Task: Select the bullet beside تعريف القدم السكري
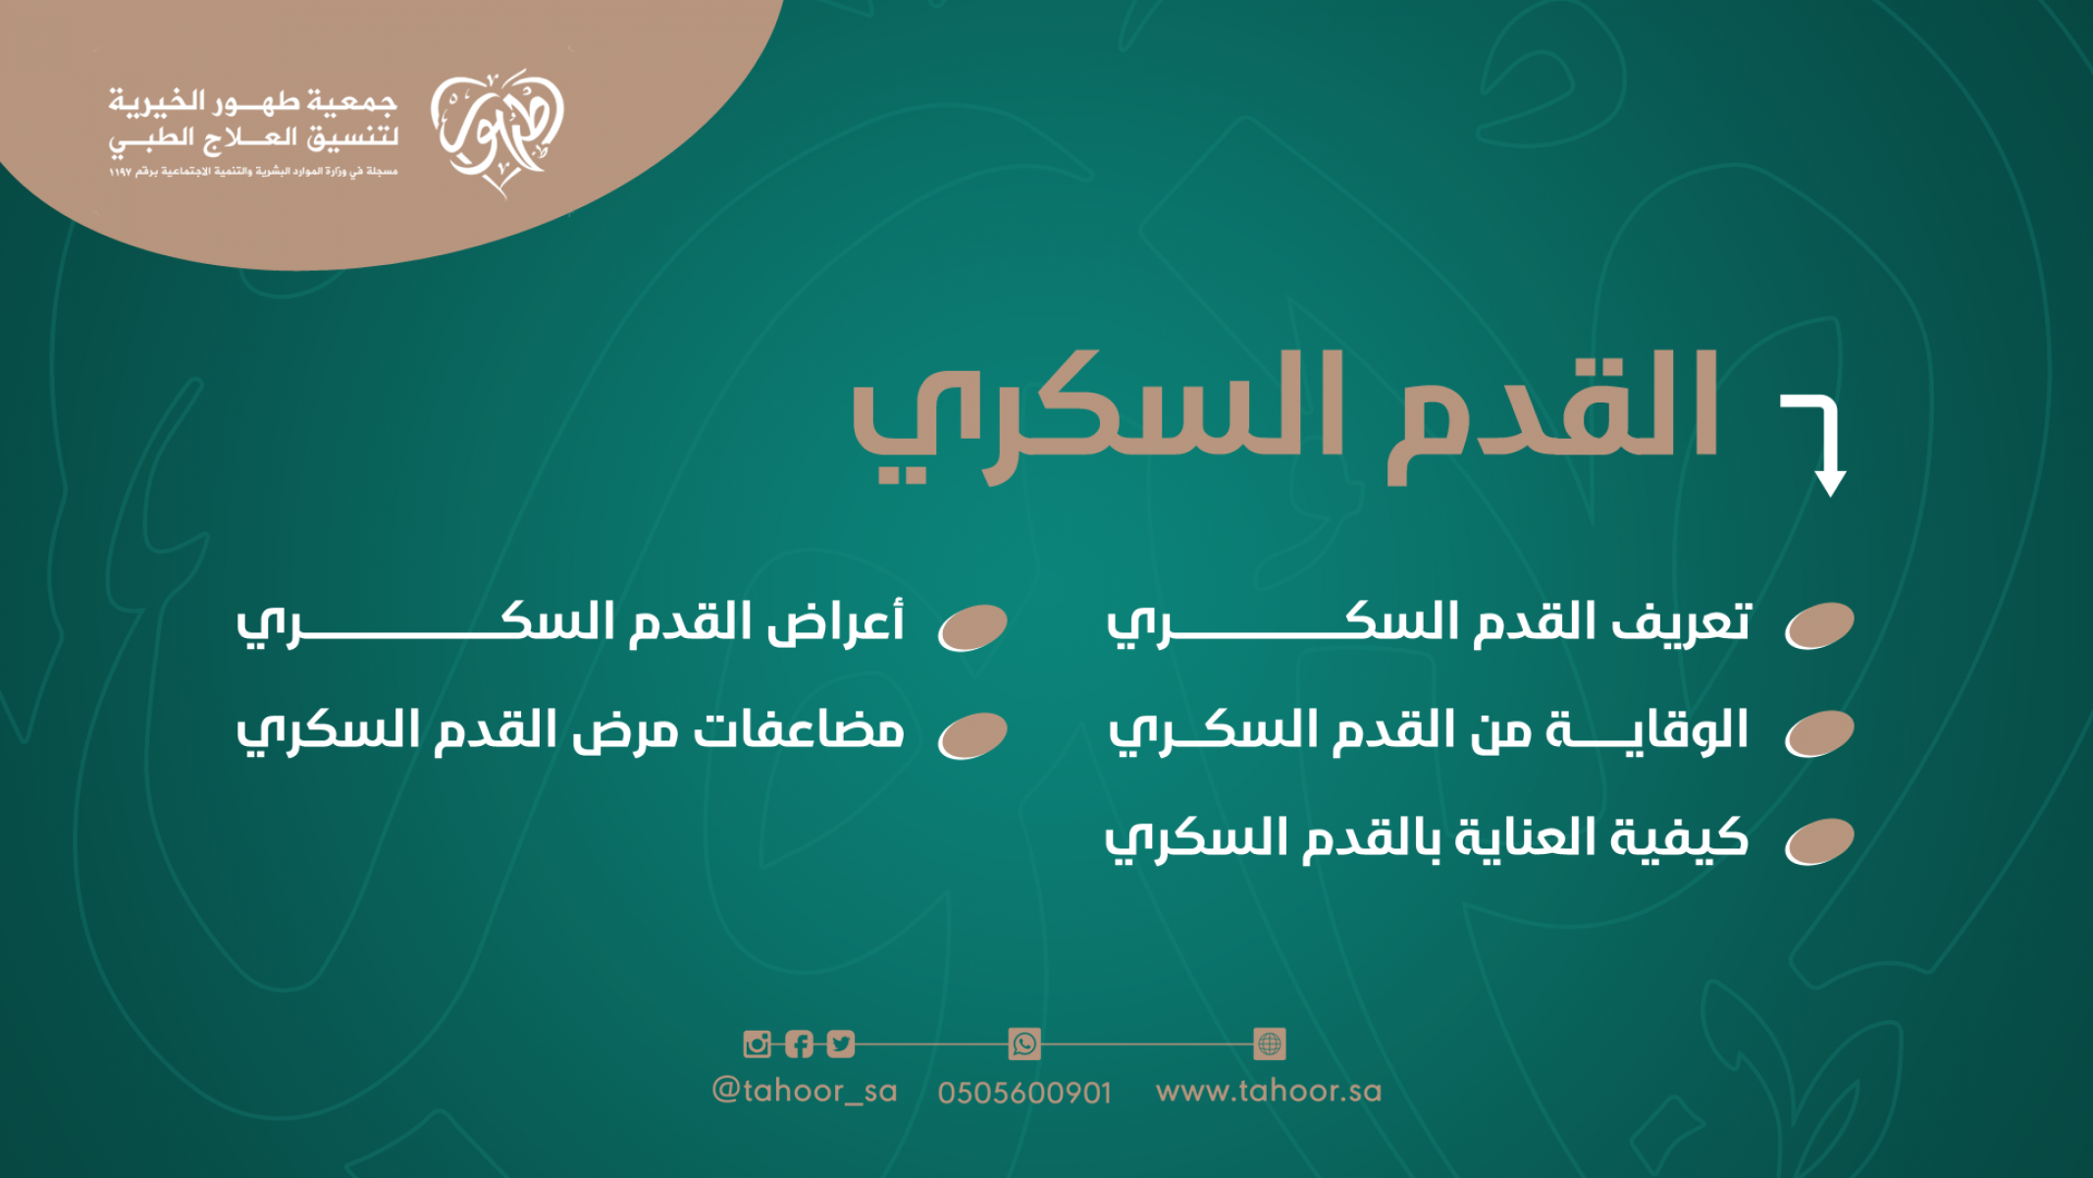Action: [x=1819, y=626]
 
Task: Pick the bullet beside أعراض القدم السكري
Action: [x=972, y=627]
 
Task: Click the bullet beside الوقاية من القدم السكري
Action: [x=1819, y=733]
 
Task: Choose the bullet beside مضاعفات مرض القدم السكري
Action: [x=972, y=735]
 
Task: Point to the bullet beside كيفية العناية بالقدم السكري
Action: [x=1819, y=841]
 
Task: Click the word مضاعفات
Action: [x=799, y=731]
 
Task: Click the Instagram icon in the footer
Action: [x=757, y=1044]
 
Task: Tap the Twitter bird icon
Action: [x=841, y=1044]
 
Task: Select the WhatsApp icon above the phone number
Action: [x=1024, y=1044]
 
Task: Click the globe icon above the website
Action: [x=1270, y=1044]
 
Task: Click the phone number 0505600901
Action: [x=1024, y=1093]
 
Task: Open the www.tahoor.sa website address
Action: [x=1269, y=1091]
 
